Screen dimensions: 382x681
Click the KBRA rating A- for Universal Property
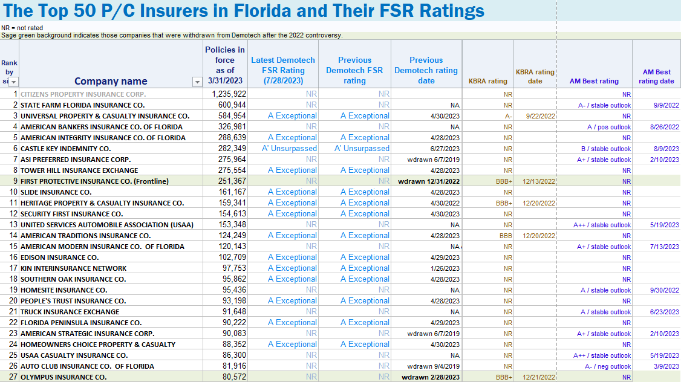(508, 116)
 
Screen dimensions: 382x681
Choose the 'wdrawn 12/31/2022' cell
(429, 181)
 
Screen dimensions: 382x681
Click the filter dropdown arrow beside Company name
(197, 82)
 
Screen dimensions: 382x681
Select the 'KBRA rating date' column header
(535, 76)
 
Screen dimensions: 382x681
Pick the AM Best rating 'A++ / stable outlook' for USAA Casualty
(602, 355)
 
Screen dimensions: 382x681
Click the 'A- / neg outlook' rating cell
(607, 366)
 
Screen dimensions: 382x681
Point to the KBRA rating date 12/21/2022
(539, 377)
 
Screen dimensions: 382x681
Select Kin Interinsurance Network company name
(73, 268)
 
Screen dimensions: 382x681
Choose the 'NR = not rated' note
(22, 28)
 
